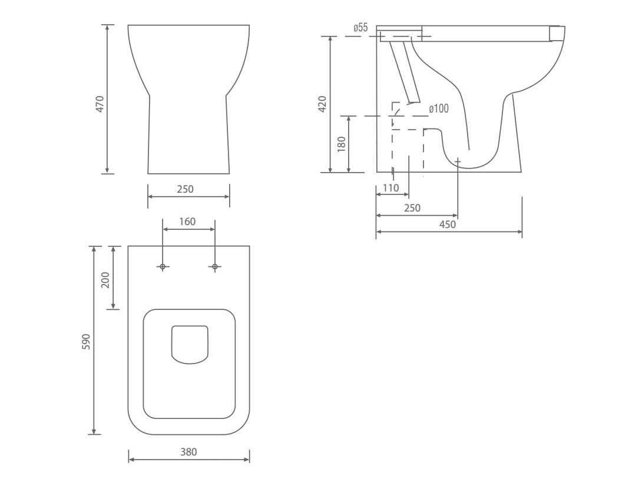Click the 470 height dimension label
(100, 104)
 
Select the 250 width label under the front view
(185, 189)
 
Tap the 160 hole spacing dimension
(187, 222)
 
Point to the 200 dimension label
(105, 279)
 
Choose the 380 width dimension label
(188, 452)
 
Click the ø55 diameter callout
(360, 28)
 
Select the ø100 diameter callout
(439, 108)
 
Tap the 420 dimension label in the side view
(322, 104)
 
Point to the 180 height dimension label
(342, 144)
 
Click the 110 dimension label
(391, 188)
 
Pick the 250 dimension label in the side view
(412, 208)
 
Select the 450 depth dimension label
(448, 225)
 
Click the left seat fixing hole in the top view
(163, 267)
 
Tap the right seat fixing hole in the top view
(214, 267)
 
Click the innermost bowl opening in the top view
(190, 344)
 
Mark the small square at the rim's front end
(557, 34)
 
